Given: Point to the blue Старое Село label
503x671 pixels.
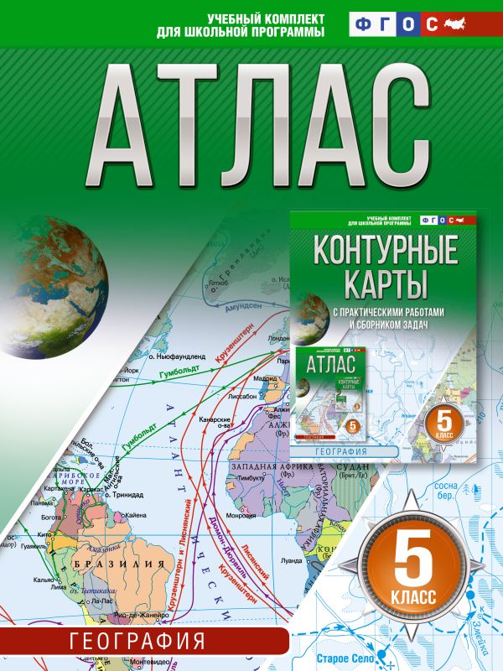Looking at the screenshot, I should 386,648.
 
